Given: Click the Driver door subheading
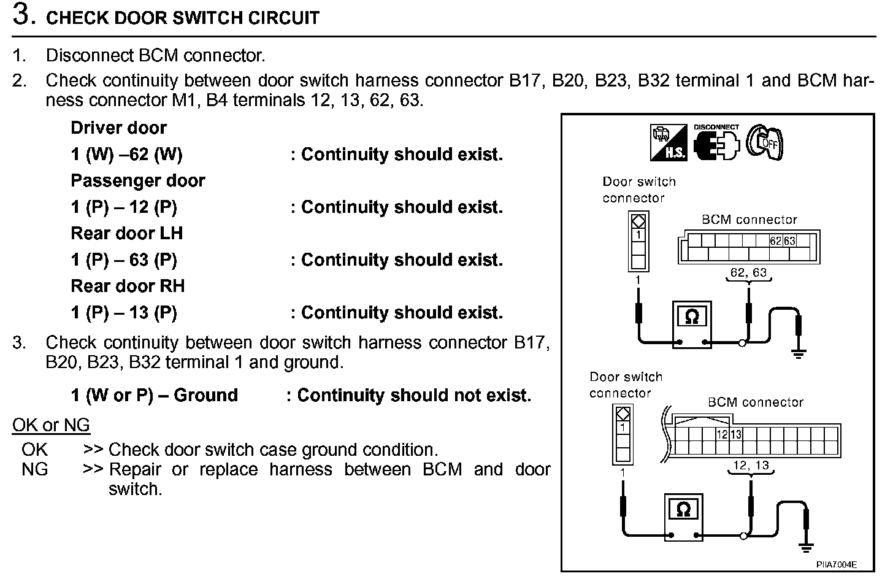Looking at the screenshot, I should click(118, 128).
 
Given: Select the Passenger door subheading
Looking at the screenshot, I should click(137, 180).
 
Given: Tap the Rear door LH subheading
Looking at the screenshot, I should click(126, 233).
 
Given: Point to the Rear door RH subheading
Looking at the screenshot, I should click(127, 286).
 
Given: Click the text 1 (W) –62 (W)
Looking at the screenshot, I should click(126, 154).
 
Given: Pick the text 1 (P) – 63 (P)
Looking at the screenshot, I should click(123, 259).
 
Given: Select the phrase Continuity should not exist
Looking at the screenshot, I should click(414, 396).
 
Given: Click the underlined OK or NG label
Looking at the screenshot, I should click(51, 425).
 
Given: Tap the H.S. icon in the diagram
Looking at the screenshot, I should click(669, 142).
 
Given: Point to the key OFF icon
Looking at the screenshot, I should click(765, 142).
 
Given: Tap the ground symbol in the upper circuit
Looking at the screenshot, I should click(798, 352).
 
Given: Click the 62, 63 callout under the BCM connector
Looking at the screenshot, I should click(748, 272).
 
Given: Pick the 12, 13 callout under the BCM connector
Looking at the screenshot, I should click(751, 466).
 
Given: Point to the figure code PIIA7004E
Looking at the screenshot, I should click(836, 564).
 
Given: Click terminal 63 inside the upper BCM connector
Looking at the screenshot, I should click(789, 241).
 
